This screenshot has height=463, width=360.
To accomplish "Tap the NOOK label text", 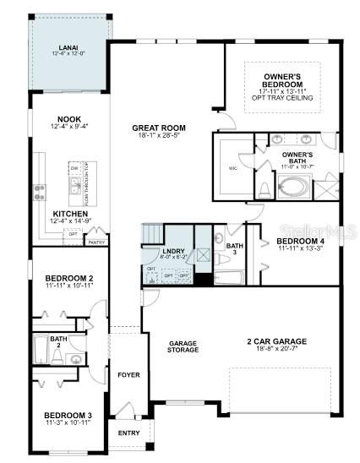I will coord(68,119).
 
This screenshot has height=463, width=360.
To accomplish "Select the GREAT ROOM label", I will coord(158,128).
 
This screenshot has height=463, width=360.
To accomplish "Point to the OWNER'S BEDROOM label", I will coord(282,81).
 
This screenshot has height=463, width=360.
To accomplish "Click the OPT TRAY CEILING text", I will coord(282,99).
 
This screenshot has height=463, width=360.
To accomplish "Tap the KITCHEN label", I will coord(68,213).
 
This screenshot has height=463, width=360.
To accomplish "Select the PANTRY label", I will coord(96,241).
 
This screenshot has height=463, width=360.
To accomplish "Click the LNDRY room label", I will coord(174,251).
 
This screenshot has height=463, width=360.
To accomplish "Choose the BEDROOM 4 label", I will coord(301,241).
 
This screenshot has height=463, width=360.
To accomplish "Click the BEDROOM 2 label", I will coord(68,278).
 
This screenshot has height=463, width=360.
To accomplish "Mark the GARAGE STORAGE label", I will coord(183,346).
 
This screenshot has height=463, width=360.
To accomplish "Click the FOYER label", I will coord(128,374).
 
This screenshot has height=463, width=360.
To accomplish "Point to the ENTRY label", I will coord(128,433).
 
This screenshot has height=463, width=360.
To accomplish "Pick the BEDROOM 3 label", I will coord(68,415).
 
